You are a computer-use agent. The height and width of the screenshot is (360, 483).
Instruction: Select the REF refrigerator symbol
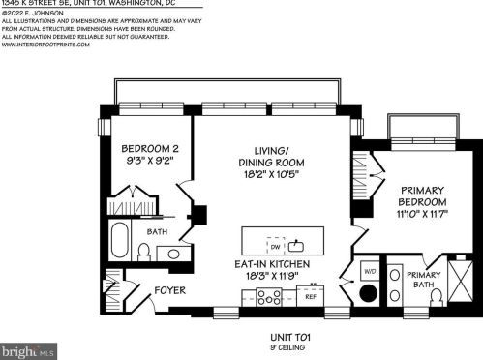(x=312, y=298)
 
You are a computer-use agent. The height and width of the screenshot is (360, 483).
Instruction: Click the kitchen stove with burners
(x=269, y=298)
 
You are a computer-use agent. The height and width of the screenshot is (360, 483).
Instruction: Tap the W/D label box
(x=370, y=272)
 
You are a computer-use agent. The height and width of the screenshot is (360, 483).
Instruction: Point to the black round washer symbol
(x=370, y=294)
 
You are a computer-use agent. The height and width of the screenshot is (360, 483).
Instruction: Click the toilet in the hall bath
(x=143, y=254)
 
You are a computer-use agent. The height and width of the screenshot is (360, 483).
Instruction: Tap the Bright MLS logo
(x=29, y=349)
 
